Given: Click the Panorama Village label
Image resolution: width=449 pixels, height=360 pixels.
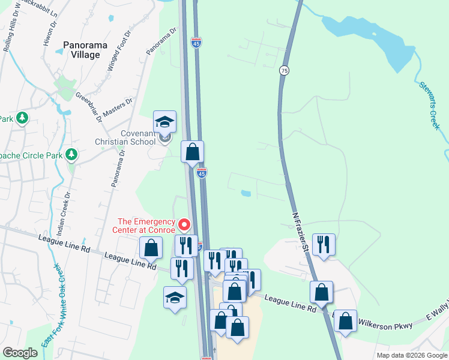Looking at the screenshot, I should [x=81, y=49].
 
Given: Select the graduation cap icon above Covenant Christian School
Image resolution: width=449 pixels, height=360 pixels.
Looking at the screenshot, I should [x=164, y=122].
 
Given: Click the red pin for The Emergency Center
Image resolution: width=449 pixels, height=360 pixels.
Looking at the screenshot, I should [x=185, y=225].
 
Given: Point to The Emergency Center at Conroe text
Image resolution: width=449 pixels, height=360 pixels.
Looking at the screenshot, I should [x=144, y=225].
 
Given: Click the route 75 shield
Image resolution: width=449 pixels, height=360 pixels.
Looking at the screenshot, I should [x=284, y=70].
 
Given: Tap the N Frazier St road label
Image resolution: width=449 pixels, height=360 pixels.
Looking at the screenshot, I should [x=301, y=231].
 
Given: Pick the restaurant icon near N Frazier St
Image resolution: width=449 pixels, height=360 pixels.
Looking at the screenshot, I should [x=324, y=244].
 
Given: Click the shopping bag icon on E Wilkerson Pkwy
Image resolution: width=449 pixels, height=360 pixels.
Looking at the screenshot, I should [x=345, y=321].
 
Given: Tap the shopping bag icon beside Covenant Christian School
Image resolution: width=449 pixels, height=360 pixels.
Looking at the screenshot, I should [x=192, y=152].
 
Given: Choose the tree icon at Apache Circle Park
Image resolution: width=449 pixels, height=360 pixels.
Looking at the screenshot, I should [x=71, y=155].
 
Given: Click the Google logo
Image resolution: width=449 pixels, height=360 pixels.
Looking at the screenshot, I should [x=20, y=353].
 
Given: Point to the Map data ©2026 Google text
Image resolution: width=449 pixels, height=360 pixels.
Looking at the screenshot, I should [x=412, y=355].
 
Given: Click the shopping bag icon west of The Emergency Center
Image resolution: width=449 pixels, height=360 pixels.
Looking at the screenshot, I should [x=151, y=248].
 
